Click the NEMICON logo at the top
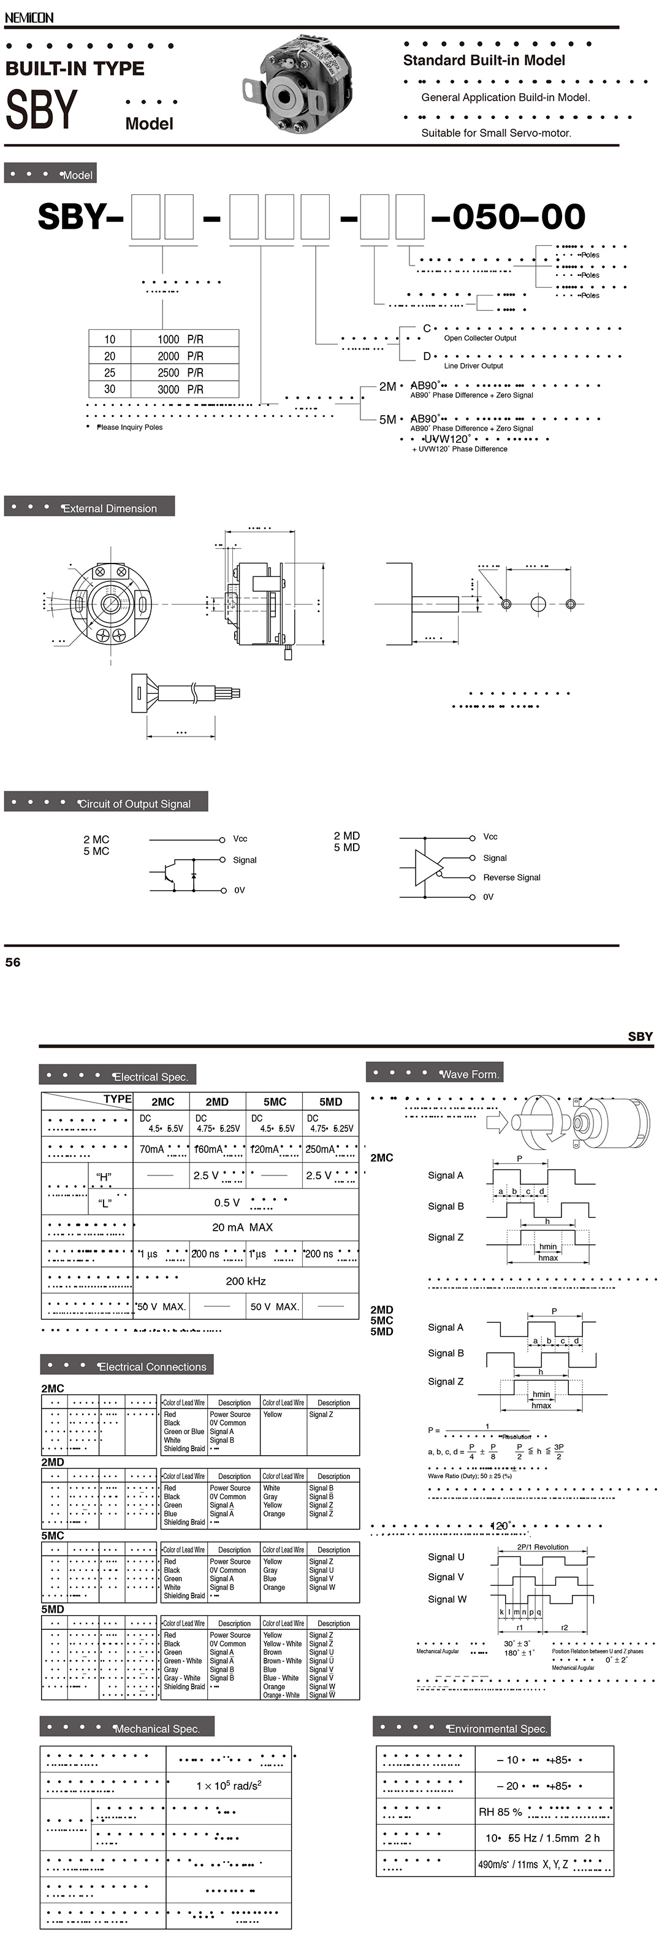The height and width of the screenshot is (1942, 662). (29, 17)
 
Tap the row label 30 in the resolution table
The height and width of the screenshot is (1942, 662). (110, 389)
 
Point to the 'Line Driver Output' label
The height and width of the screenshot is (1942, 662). (473, 365)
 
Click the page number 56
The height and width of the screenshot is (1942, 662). (13, 962)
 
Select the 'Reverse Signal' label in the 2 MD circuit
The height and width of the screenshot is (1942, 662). (511, 877)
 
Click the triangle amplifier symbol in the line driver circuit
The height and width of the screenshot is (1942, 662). (427, 868)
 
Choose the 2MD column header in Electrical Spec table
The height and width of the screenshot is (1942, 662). (217, 1101)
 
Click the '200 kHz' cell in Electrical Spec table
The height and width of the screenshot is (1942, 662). (246, 1281)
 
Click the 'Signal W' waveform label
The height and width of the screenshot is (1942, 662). (446, 1599)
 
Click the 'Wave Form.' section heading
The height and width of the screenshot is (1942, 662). (469, 1074)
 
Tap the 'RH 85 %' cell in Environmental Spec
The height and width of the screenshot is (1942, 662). (500, 1811)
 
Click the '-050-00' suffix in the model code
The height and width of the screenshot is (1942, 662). (509, 217)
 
